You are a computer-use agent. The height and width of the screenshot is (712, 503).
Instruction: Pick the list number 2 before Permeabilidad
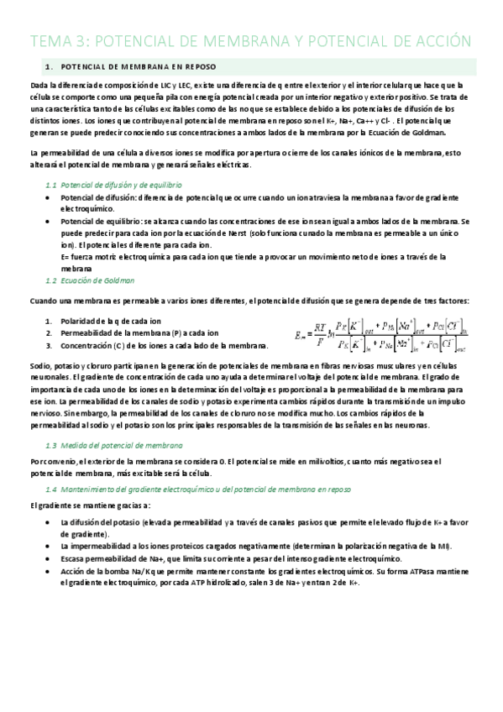(x=50, y=333)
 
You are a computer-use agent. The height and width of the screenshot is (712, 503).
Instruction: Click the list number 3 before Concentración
(x=50, y=346)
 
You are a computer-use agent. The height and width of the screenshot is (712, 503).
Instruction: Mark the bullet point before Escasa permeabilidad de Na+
(x=50, y=558)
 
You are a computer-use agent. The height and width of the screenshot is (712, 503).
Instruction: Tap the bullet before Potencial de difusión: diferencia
(x=50, y=196)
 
